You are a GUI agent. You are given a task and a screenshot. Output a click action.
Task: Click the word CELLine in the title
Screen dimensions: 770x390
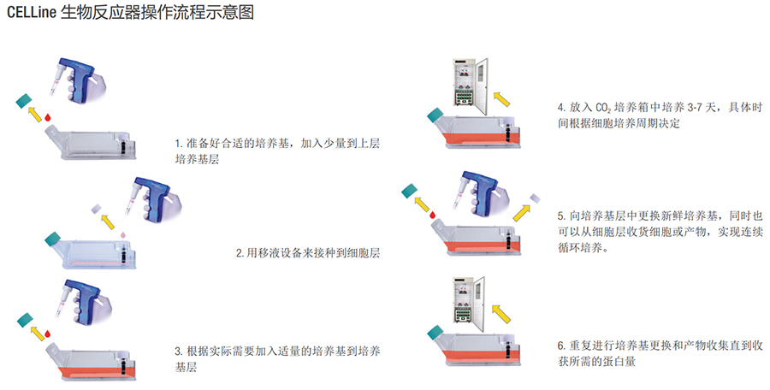[x=31, y=13]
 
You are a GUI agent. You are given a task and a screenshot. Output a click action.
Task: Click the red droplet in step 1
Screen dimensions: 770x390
[x=48, y=117]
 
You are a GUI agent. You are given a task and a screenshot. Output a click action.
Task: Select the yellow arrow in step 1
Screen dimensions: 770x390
[x=35, y=114]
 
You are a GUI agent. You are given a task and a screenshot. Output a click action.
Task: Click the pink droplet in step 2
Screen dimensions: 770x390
[x=123, y=235]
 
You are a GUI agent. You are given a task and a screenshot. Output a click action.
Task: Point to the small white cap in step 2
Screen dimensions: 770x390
[x=96, y=209]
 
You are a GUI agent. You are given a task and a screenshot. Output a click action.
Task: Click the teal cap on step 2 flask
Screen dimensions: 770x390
[x=51, y=239]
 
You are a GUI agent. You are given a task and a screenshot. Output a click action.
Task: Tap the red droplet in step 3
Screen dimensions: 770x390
[x=48, y=334]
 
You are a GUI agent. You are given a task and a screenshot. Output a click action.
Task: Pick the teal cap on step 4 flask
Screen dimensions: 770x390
[x=435, y=116]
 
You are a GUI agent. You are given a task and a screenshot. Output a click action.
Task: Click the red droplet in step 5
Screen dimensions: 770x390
[x=433, y=215]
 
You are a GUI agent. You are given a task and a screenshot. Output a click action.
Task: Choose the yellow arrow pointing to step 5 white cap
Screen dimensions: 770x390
[x=522, y=213]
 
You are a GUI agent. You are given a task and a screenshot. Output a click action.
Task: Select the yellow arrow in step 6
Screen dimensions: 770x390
[x=500, y=314]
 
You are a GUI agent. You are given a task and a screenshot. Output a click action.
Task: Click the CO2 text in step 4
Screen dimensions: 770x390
[x=603, y=108]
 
